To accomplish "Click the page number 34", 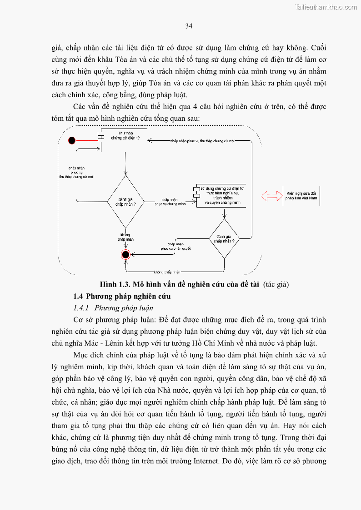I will [189, 26].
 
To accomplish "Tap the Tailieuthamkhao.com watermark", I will [326, 7].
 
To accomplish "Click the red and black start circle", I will [71, 140].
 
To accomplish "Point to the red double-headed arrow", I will [271, 196].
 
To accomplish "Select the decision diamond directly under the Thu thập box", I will [126, 201].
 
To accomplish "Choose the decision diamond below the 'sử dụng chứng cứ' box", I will [224, 239].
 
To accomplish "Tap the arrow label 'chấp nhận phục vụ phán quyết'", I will [175, 246].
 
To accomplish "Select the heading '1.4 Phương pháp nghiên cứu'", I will [122, 296].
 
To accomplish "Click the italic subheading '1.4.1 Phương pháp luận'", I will [111, 308].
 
